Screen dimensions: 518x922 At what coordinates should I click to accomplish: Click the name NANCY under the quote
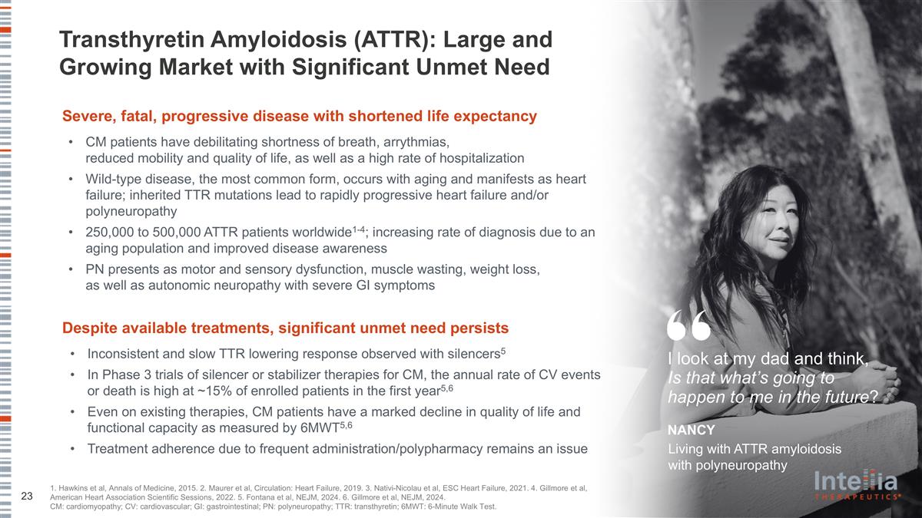pyautogui.click(x=691, y=430)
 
